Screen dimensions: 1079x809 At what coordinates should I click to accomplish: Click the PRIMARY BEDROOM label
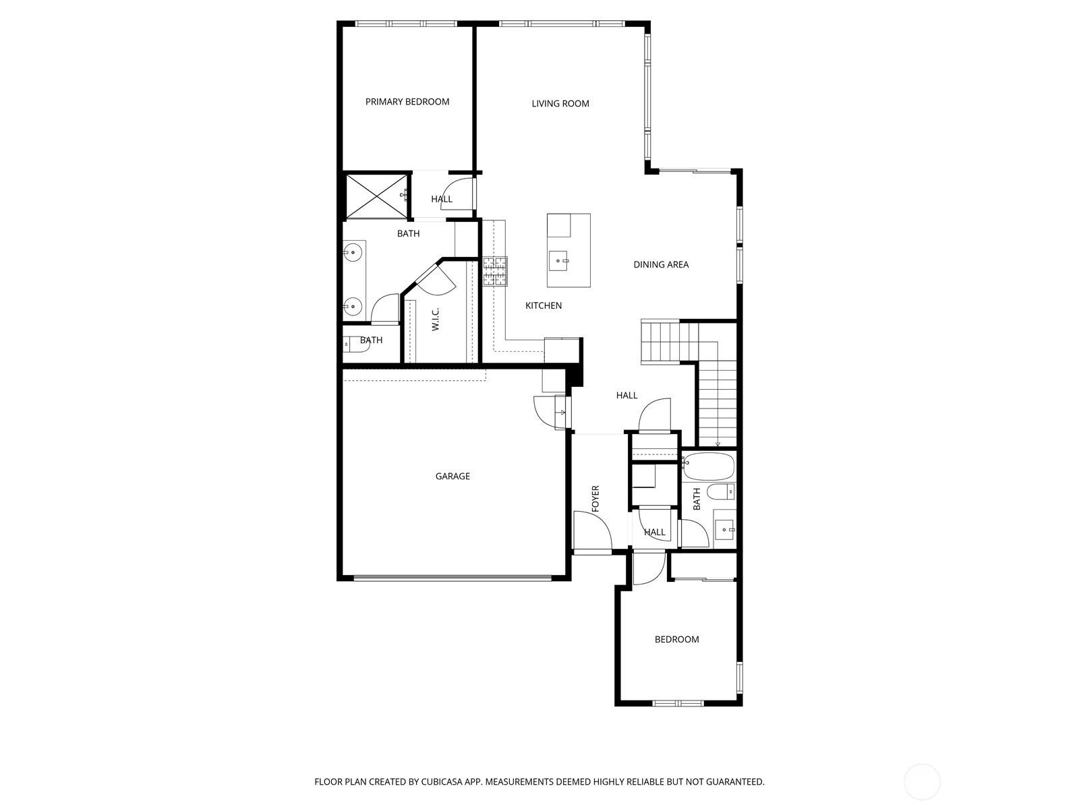[x=407, y=102]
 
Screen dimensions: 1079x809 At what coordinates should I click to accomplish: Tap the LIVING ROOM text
[x=560, y=104]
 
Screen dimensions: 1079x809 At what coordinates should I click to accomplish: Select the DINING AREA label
[x=661, y=265]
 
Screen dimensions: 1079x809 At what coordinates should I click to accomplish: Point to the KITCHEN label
[x=543, y=305]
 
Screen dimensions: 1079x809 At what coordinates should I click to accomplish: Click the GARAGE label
[x=453, y=476]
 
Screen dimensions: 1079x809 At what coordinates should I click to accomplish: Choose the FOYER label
[x=595, y=499]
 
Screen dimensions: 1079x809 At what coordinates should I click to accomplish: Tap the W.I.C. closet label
[x=435, y=320]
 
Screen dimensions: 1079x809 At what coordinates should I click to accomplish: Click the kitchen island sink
[x=558, y=261]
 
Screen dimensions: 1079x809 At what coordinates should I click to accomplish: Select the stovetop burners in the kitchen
[x=494, y=271]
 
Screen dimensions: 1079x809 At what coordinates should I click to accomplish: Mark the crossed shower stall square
[x=377, y=196]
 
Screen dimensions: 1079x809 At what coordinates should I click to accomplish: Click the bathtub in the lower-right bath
[x=708, y=467]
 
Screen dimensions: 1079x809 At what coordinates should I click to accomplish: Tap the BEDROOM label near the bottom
[x=676, y=639]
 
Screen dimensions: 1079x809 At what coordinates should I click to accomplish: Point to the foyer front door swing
[x=592, y=529]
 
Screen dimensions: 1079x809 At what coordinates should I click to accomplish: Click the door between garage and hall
[x=550, y=412]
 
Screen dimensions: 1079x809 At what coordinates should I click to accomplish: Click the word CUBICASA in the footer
[x=442, y=781]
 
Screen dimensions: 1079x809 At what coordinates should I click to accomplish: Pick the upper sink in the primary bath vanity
[x=353, y=253]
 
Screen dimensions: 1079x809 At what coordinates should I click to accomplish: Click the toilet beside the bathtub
[x=721, y=491]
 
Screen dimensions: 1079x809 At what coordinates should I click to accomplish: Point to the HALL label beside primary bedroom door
[x=442, y=199]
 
